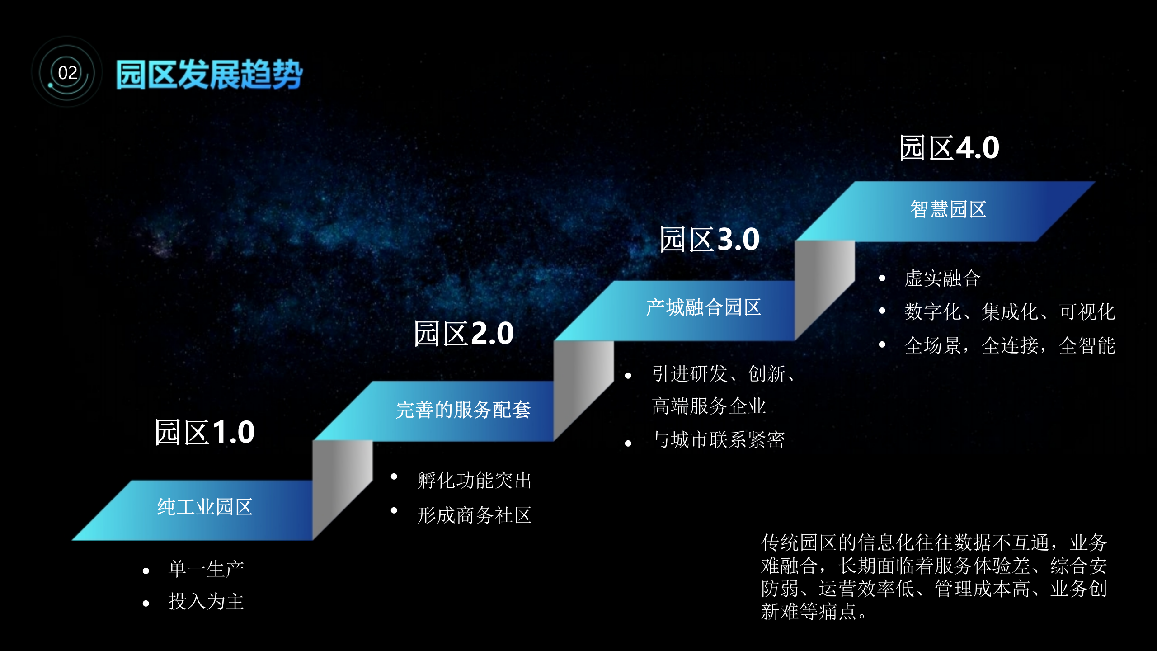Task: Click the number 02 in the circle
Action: [68, 72]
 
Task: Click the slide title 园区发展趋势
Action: [209, 75]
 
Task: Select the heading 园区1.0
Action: [205, 432]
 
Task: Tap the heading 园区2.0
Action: [464, 334]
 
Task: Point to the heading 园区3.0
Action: [710, 239]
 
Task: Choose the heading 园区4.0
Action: [949, 148]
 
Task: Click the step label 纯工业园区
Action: [205, 507]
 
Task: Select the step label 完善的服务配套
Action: [463, 410]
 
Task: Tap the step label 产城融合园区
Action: [703, 307]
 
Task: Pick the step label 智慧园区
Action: [948, 209]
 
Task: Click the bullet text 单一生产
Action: [206, 569]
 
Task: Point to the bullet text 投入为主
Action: [206, 602]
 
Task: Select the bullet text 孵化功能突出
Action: [475, 480]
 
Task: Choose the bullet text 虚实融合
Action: [942, 278]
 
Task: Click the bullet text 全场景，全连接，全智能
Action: [1010, 346]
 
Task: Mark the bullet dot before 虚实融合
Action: [882, 278]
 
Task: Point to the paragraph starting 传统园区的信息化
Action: [934, 577]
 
